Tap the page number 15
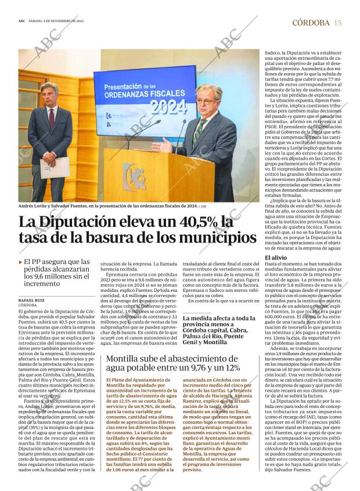point(338,23)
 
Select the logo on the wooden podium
point(134,175)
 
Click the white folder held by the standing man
point(55,167)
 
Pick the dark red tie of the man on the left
point(51,116)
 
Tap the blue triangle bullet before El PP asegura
point(21,262)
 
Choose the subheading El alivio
point(275,257)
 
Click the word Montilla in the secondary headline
point(123,359)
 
